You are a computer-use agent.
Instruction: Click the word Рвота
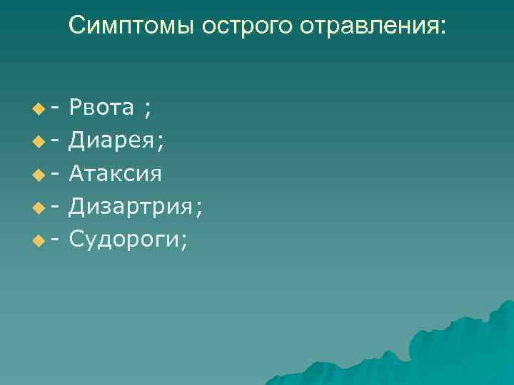[102, 108]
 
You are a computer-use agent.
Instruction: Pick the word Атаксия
[115, 174]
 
